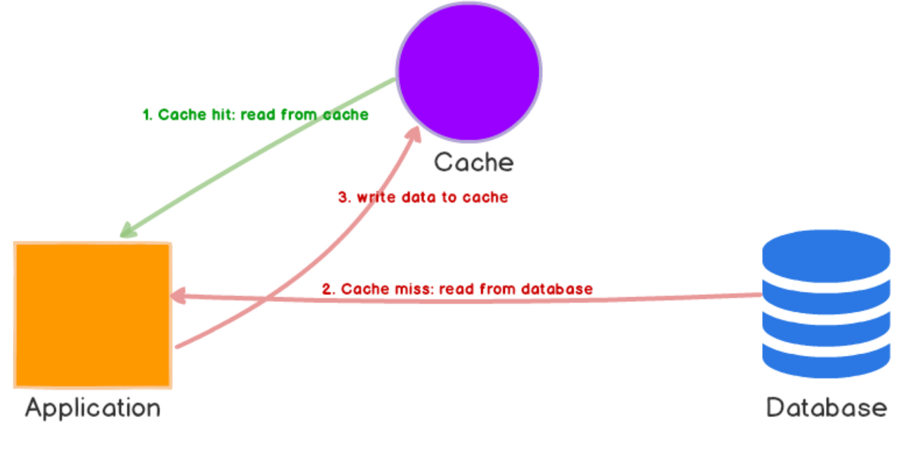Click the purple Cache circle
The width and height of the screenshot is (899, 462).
point(468,71)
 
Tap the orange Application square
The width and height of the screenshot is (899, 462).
point(93,315)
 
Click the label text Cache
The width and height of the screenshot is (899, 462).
point(473,162)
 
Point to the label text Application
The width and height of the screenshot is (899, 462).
point(93,407)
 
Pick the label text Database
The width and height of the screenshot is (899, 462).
point(826,407)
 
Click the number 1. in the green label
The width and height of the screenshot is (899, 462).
point(147,114)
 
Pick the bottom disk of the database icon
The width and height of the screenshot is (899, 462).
point(826,358)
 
